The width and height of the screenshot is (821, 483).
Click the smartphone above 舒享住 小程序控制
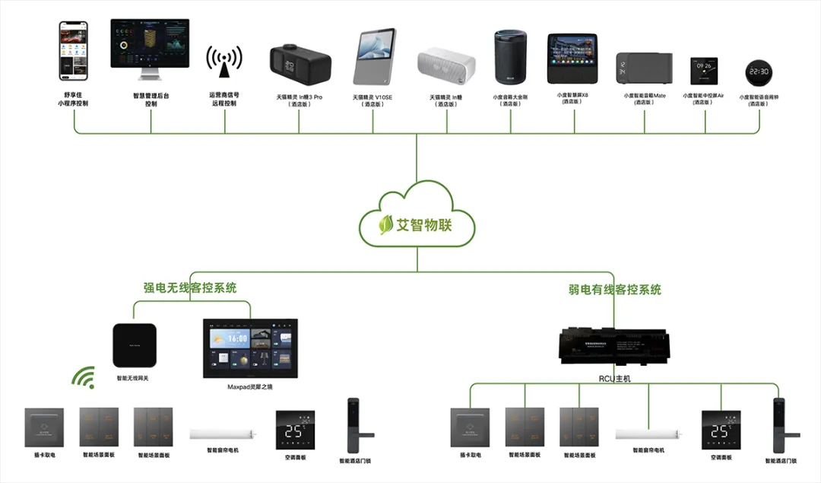pyautogui.click(x=74, y=51)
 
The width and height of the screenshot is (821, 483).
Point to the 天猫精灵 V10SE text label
pyautogui.click(x=373, y=97)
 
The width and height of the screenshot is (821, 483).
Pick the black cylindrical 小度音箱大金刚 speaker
pyautogui.click(x=509, y=58)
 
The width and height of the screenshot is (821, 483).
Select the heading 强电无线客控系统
pyautogui.click(x=190, y=288)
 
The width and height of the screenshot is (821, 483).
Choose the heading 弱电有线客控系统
pyautogui.click(x=615, y=290)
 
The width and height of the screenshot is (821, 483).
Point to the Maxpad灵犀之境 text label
pyautogui.click(x=251, y=387)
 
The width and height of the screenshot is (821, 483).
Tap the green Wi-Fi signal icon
pyautogui.click(x=83, y=377)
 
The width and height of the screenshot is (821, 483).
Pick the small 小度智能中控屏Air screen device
pyautogui.click(x=703, y=71)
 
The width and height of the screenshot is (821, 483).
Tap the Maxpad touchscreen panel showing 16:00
pyautogui.click(x=250, y=349)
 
